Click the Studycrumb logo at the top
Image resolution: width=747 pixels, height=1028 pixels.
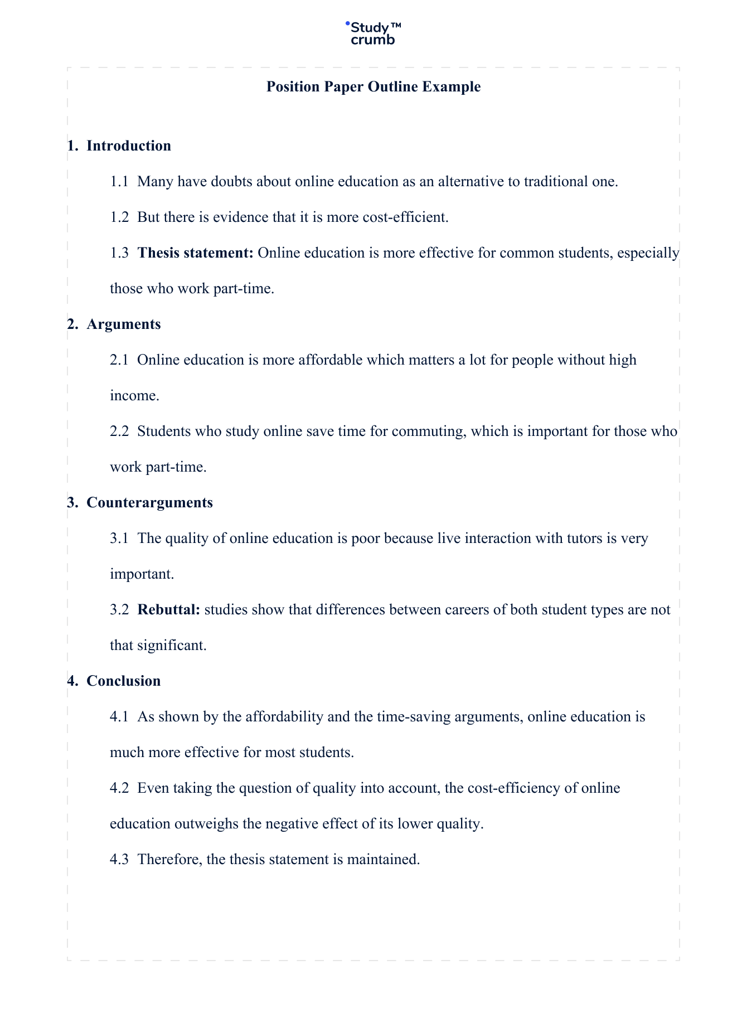pyautogui.click(x=373, y=33)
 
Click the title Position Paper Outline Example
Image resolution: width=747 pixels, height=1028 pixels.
pyautogui.click(x=373, y=87)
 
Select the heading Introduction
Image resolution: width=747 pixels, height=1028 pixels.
pyautogui.click(x=129, y=146)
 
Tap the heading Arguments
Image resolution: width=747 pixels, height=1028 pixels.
pyautogui.click(x=124, y=324)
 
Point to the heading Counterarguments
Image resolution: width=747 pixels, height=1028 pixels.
pyautogui.click(x=149, y=503)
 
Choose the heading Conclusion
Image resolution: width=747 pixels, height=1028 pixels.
pyautogui.click(x=124, y=681)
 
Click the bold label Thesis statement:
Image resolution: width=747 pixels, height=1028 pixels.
pyautogui.click(x=196, y=253)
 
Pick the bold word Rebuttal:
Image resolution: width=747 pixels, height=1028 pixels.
pyautogui.click(x=169, y=610)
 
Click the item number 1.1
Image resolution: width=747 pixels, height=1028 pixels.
pyautogui.click(x=119, y=182)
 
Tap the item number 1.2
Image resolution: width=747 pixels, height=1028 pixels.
pyautogui.click(x=119, y=217)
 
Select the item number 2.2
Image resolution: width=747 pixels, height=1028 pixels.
pyautogui.click(x=119, y=431)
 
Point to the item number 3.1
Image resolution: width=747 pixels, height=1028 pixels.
pyautogui.click(x=119, y=539)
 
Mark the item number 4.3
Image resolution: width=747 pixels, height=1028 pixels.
pyautogui.click(x=119, y=860)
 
